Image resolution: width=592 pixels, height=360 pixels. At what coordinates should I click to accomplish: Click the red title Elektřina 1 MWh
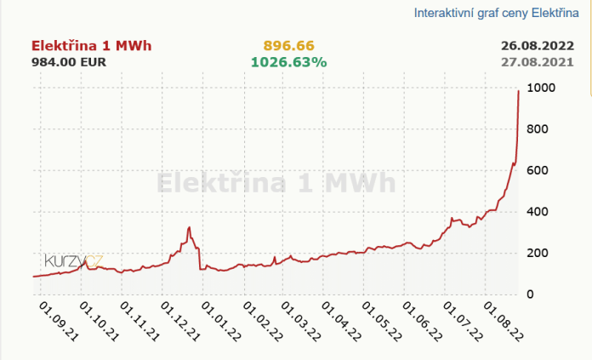coord(92,46)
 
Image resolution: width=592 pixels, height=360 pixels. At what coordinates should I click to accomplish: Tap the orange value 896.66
coord(288,46)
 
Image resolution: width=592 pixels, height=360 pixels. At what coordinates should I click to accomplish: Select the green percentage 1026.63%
coord(288,62)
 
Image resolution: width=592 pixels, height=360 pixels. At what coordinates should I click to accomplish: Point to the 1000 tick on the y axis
coord(542,89)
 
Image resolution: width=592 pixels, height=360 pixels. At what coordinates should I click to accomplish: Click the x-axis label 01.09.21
coord(59,321)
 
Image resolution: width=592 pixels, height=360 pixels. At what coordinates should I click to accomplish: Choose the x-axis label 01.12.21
coord(181,321)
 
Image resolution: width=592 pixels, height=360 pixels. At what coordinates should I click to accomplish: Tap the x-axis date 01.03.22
coord(302,321)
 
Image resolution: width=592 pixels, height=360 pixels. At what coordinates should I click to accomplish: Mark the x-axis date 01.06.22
coord(423,321)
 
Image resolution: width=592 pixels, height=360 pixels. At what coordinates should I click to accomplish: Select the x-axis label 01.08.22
coord(503,321)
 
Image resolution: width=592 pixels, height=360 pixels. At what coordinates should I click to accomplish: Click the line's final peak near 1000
coord(519,91)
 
